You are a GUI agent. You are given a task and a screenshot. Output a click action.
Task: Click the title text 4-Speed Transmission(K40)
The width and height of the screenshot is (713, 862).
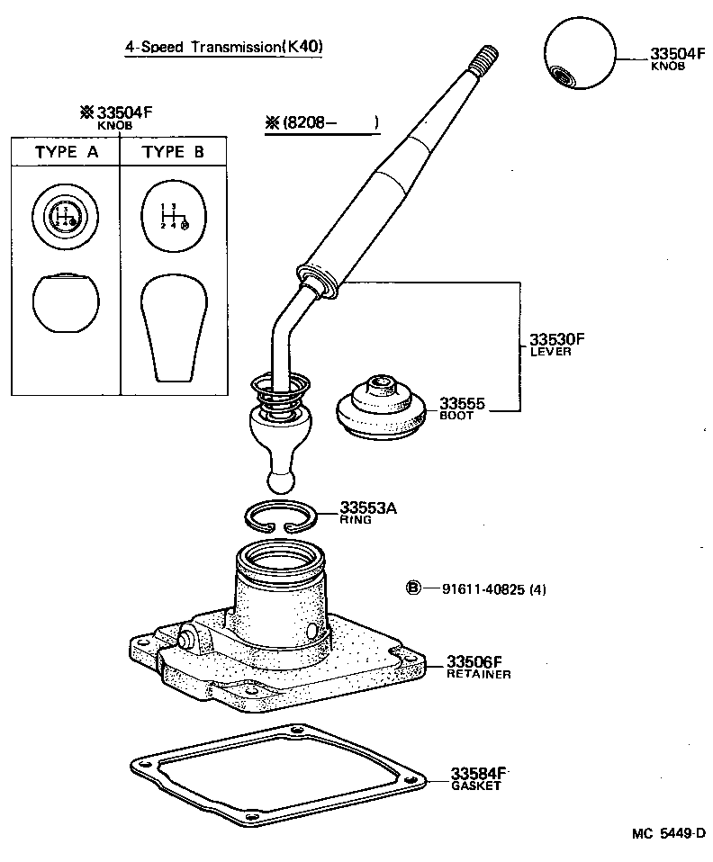click(223, 47)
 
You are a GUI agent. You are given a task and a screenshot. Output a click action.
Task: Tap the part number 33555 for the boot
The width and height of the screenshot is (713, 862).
click(462, 404)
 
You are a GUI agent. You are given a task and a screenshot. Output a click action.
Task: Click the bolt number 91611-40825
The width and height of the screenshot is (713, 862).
click(484, 589)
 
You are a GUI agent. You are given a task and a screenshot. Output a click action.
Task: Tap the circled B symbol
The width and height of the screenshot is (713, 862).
click(413, 588)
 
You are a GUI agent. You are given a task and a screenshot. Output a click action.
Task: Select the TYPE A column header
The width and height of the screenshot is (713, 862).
click(67, 152)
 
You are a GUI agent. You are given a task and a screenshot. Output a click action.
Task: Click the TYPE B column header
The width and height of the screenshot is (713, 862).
click(174, 152)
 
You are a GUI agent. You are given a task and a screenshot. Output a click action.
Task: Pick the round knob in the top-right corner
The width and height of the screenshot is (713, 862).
click(581, 56)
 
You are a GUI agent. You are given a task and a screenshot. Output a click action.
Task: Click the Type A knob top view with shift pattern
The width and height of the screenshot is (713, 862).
click(63, 216)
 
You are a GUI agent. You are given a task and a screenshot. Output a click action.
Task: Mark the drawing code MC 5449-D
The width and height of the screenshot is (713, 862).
click(668, 834)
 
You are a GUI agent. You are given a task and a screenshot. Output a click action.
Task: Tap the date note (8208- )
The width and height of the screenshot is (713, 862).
click(320, 122)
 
